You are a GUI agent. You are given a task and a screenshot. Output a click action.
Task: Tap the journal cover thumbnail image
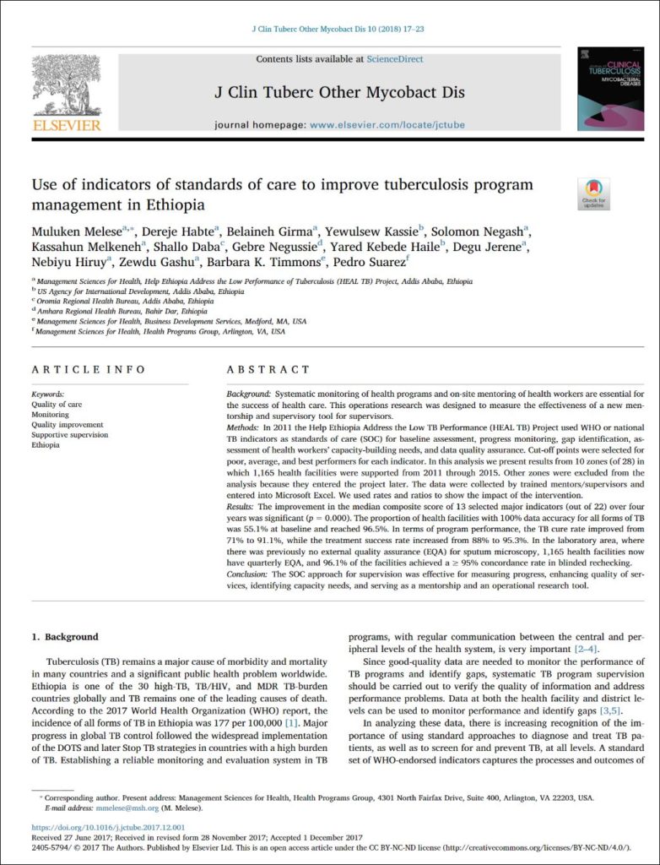pyautogui.click(x=604, y=88)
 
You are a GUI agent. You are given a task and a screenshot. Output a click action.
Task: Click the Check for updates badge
pyautogui.click(x=594, y=193)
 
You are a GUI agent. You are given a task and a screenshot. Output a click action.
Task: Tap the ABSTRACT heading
pyautogui.click(x=269, y=369)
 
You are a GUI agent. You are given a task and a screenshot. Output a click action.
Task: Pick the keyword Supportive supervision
pyautogui.click(x=69, y=435)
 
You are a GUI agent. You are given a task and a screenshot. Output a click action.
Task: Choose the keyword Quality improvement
pyautogui.click(x=68, y=425)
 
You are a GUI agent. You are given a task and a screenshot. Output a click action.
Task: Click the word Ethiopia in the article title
pyautogui.click(x=176, y=204)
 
